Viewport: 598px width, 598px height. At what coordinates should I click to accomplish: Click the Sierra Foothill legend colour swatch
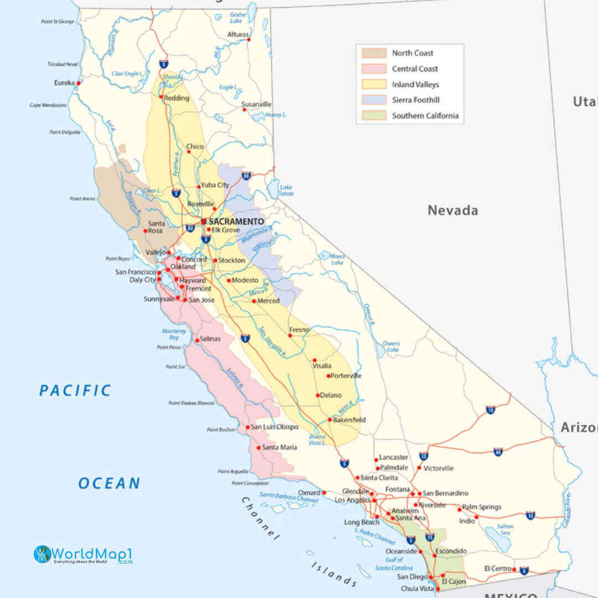tap(374, 100)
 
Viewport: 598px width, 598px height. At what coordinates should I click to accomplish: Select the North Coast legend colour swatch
tap(374, 53)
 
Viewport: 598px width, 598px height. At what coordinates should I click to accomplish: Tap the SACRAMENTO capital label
tap(236, 221)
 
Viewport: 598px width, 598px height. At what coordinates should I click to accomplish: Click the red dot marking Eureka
tap(78, 83)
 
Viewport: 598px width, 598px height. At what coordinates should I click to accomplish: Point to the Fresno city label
tap(300, 330)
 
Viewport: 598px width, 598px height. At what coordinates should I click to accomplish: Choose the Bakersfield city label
tap(349, 420)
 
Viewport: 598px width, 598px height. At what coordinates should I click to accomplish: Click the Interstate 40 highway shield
tap(498, 452)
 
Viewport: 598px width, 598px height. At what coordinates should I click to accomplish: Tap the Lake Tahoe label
tap(286, 190)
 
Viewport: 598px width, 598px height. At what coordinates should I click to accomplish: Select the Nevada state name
tap(452, 210)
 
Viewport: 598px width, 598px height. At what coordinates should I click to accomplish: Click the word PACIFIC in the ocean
tap(75, 390)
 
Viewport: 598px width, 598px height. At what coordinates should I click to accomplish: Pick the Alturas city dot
tap(249, 39)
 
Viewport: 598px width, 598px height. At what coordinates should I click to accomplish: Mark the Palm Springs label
tap(482, 507)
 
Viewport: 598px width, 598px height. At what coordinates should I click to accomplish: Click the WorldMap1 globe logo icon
tap(42, 554)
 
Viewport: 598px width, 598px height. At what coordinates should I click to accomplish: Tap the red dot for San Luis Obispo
tap(248, 427)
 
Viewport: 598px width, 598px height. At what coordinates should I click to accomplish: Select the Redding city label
tap(177, 98)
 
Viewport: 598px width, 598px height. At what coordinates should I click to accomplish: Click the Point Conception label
tap(250, 483)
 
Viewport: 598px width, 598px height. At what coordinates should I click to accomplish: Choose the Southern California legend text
tap(425, 116)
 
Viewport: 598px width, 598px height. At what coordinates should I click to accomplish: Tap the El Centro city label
tap(497, 569)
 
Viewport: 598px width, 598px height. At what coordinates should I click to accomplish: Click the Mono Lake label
tap(337, 260)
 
